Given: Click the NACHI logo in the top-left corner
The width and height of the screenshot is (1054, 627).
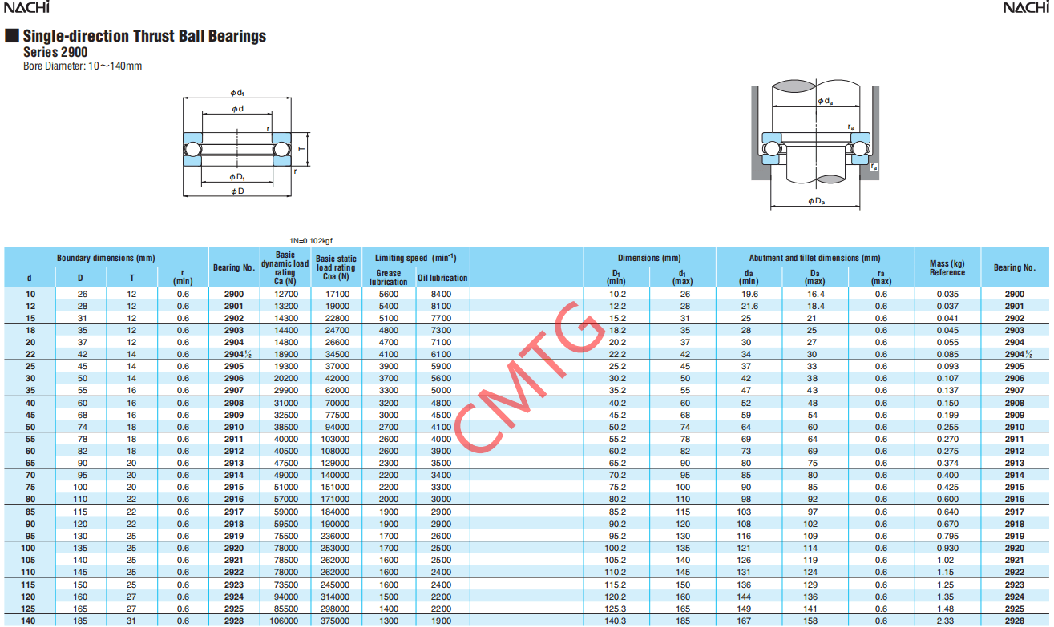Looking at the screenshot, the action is click(26, 7).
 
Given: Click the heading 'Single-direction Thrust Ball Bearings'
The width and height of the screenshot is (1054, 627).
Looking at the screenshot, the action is click(144, 36).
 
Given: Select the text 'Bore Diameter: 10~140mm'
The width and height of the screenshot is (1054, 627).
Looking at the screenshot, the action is click(83, 66).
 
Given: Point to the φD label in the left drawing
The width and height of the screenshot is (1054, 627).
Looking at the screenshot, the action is click(237, 191).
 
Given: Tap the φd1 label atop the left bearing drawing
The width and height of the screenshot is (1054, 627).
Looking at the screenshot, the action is click(237, 93).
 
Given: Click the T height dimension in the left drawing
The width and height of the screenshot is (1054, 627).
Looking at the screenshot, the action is click(302, 149).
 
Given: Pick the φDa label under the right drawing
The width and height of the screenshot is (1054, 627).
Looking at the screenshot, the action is click(817, 201).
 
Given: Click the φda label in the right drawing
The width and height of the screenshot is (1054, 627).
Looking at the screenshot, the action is click(825, 101).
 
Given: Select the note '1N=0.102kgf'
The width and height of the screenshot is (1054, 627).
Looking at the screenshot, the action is click(310, 241).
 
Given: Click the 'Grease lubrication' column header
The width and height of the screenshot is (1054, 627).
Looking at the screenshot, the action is click(388, 277).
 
